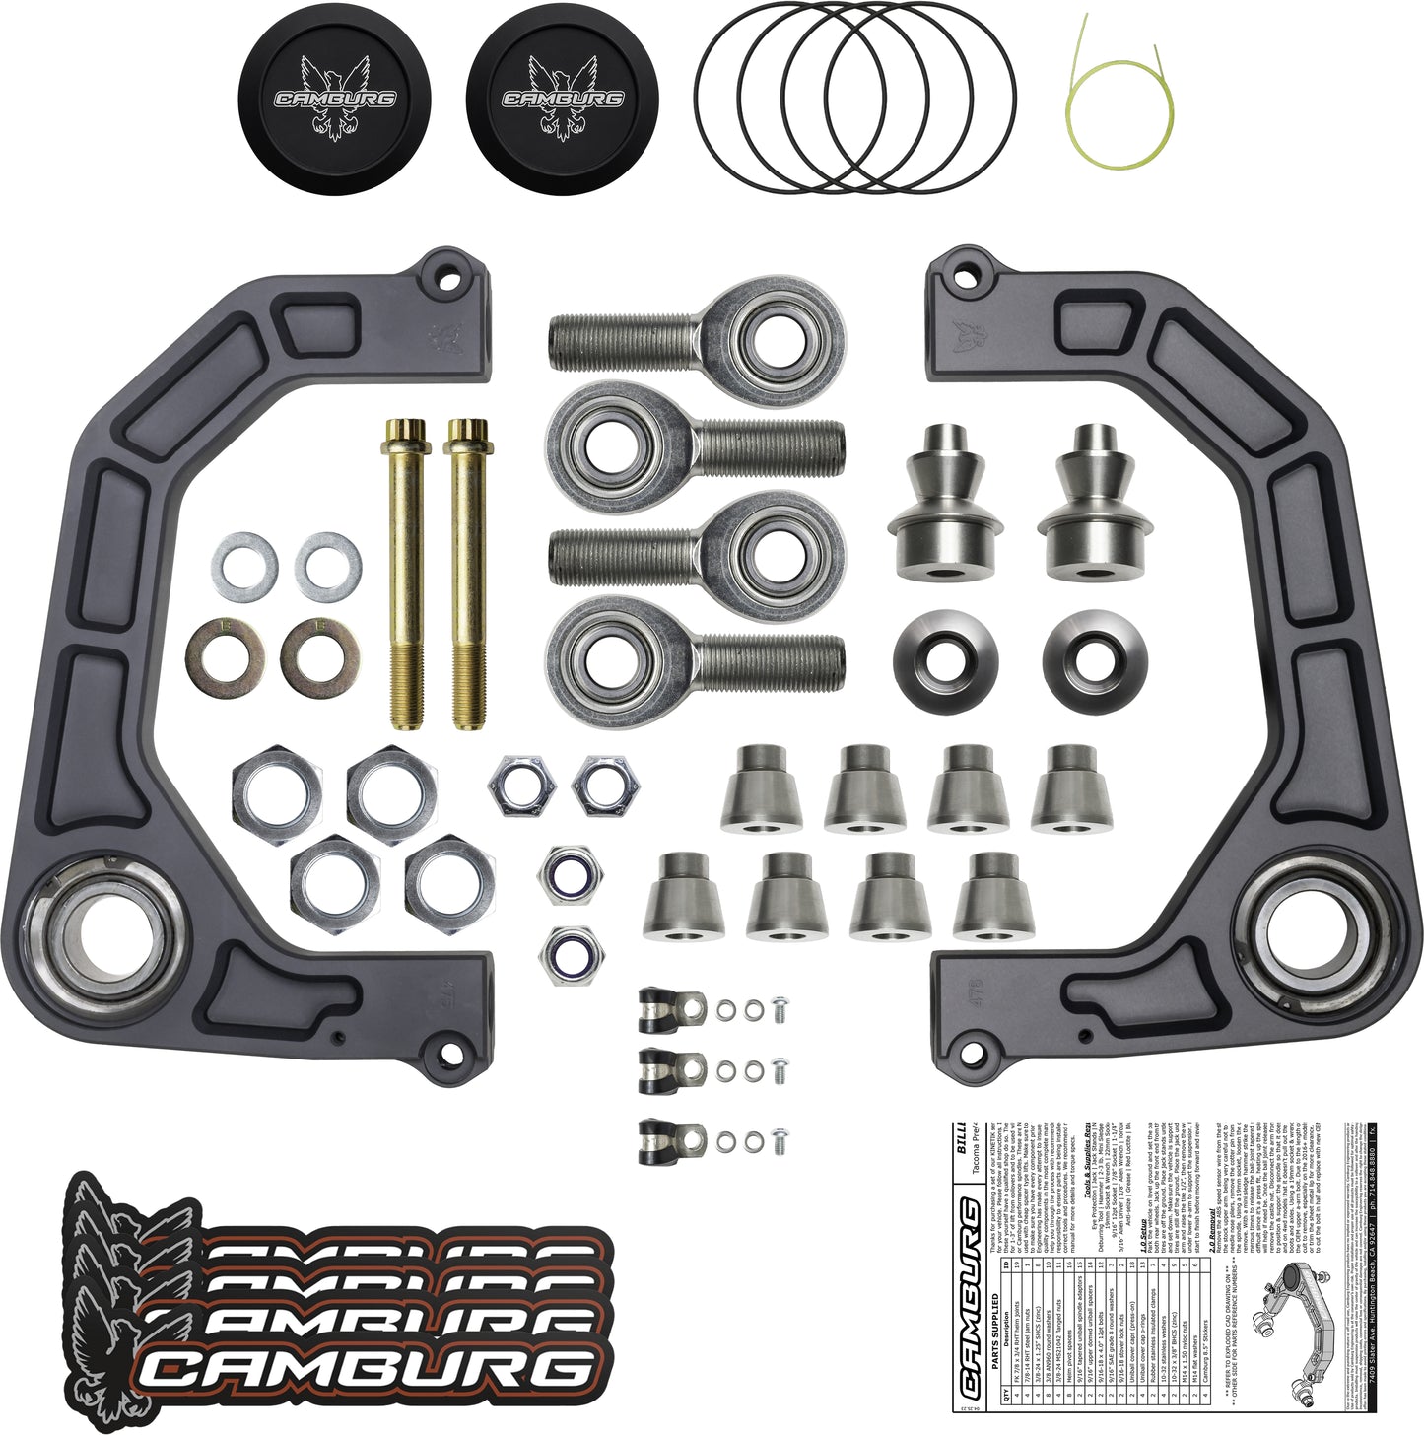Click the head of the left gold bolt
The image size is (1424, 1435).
(401, 434)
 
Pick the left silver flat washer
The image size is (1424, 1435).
(243, 568)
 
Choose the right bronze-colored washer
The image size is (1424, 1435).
(319, 653)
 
